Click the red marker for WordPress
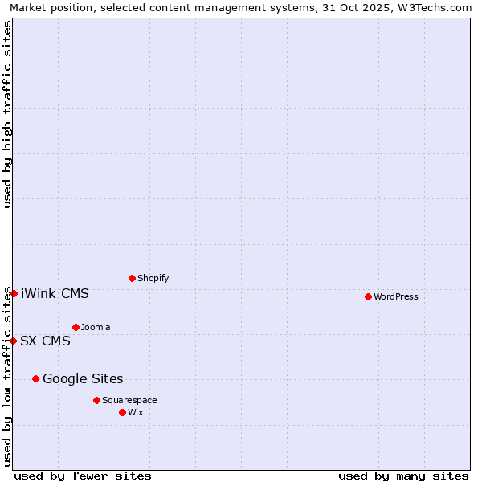[368, 296]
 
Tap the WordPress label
[395, 296]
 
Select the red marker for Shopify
[132, 278]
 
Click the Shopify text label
[153, 278]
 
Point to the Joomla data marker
[76, 327]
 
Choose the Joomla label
[96, 327]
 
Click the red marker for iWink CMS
[14, 293]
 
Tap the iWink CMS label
[55, 293]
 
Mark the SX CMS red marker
[13, 341]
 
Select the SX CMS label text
[45, 341]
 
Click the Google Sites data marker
[35, 378]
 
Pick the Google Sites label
[83, 378]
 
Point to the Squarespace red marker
[96, 400]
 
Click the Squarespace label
[129, 400]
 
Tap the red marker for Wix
[122, 412]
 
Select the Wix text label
[136, 412]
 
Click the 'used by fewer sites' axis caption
[83, 476]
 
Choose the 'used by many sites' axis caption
[403, 476]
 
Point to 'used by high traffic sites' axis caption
[7, 114]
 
